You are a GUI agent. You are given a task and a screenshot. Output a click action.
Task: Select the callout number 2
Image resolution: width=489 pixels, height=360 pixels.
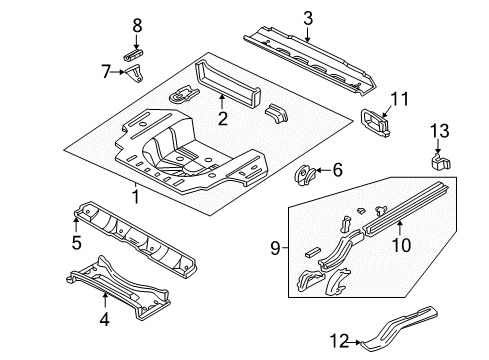(x=223, y=119)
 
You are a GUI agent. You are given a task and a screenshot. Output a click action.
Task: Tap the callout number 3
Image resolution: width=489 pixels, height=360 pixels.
(x=308, y=17)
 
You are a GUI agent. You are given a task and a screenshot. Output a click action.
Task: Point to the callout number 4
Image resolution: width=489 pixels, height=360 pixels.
(x=104, y=321)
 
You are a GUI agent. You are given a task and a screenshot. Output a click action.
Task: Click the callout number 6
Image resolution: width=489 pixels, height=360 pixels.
(x=337, y=171)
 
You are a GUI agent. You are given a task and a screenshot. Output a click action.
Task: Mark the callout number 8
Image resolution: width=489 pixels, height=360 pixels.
(x=138, y=25)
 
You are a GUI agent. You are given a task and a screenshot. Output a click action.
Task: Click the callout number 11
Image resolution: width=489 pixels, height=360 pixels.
(x=400, y=98)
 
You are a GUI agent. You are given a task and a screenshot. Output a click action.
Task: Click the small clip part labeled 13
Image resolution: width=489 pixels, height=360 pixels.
(x=436, y=159)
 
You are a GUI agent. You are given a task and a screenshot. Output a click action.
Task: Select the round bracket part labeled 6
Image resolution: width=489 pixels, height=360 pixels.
(x=303, y=177)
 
